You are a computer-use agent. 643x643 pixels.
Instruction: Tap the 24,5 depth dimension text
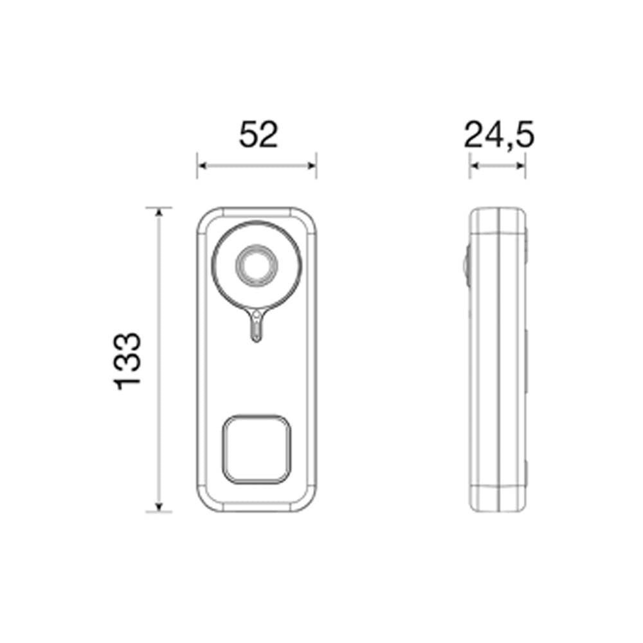click(499, 136)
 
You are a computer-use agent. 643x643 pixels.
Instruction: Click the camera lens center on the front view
click(257, 266)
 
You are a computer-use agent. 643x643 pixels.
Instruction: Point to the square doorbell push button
click(257, 448)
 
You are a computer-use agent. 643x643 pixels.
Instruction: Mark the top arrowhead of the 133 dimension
click(159, 212)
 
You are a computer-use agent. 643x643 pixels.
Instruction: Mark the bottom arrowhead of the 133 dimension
click(159, 507)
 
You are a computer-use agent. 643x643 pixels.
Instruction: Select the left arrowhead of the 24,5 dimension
click(473, 166)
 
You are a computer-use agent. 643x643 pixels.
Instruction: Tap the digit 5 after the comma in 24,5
click(523, 136)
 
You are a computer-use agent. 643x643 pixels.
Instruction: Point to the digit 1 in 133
click(127, 383)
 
